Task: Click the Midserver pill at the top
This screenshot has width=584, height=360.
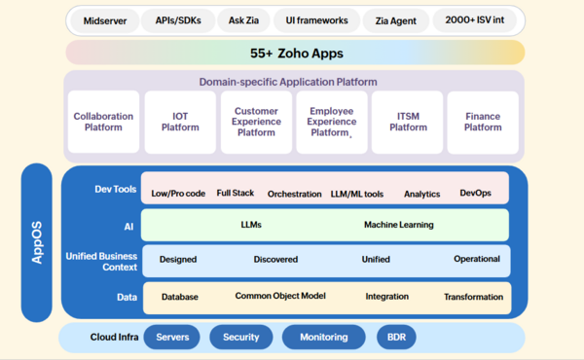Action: click(x=104, y=20)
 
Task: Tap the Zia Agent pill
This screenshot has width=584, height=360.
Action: click(x=395, y=20)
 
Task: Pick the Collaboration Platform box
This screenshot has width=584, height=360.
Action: click(x=103, y=122)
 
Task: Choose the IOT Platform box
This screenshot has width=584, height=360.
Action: click(x=180, y=122)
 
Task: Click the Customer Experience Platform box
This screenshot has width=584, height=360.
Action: click(x=256, y=122)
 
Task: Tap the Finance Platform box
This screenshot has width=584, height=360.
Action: click(x=483, y=122)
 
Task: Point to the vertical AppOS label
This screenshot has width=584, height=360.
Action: click(x=37, y=242)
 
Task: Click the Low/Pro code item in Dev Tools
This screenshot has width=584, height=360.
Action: click(x=178, y=194)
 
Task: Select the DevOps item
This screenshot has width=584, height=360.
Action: click(x=476, y=194)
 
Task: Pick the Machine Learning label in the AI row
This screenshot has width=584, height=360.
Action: click(x=399, y=225)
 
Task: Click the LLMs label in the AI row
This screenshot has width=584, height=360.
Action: click(x=251, y=225)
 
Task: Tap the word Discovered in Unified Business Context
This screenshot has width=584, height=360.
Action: click(x=275, y=260)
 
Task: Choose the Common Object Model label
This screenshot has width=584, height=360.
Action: click(x=281, y=296)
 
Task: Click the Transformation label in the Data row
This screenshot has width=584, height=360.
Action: click(x=473, y=297)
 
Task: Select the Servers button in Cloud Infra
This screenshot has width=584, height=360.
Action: click(x=172, y=337)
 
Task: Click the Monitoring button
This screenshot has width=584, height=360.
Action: click(x=324, y=337)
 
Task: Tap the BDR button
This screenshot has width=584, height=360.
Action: click(x=396, y=337)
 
